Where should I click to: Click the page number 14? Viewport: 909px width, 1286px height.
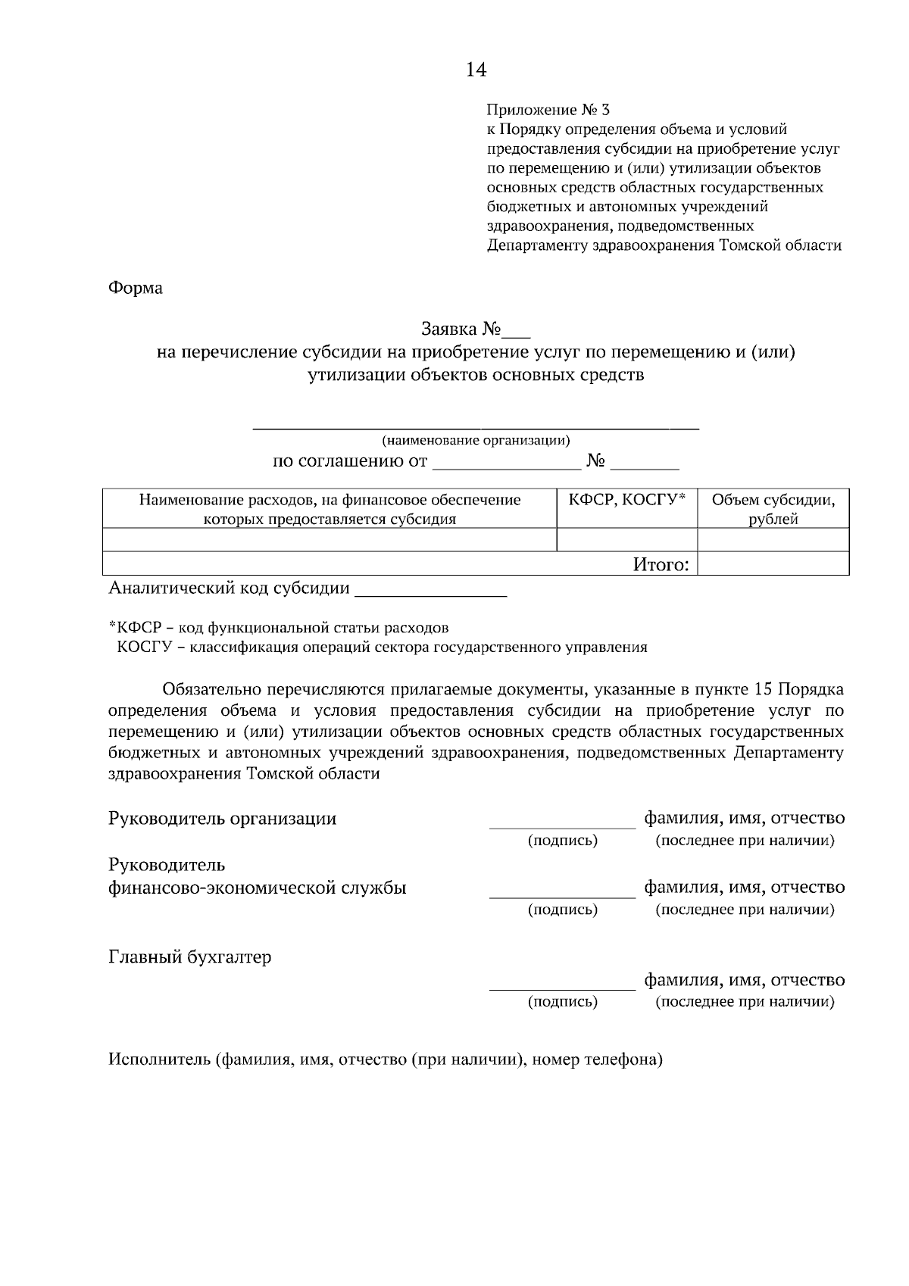(476, 70)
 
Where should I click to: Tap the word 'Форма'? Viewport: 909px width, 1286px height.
(136, 289)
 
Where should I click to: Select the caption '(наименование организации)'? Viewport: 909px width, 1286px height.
(476, 440)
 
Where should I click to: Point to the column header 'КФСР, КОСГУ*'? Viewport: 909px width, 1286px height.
(626, 499)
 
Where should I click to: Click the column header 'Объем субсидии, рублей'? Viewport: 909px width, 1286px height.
(773, 509)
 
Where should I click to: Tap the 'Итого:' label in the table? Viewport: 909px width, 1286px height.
(661, 564)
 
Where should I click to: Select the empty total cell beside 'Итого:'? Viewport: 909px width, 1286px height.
(773, 563)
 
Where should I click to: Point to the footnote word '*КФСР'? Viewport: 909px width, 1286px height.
(133, 628)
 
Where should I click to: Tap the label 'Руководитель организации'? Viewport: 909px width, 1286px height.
(223, 819)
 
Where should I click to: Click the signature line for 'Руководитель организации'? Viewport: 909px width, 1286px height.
(562, 824)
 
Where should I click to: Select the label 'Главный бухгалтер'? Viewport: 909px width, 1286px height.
(190, 957)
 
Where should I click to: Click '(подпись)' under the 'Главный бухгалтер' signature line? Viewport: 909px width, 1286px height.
(562, 1002)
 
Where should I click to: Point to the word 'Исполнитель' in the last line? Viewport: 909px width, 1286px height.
(158, 1060)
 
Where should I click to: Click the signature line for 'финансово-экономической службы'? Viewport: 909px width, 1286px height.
(562, 893)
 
